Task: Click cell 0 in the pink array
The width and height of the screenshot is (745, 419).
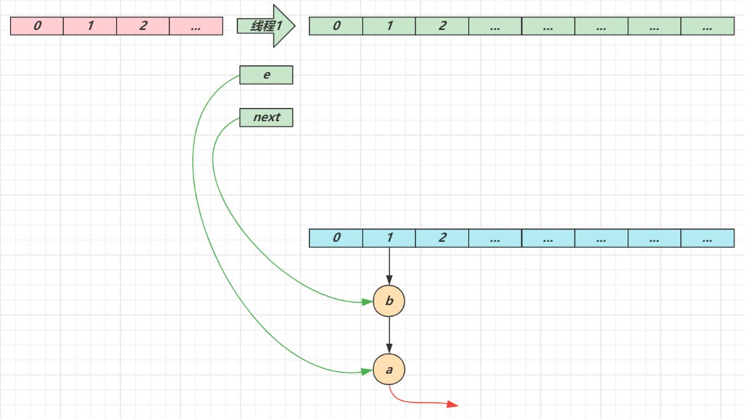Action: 37,26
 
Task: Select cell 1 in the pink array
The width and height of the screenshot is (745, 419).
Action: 90,26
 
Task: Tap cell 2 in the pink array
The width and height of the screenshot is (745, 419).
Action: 143,26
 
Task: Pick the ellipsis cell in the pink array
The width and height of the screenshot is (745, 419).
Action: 195,26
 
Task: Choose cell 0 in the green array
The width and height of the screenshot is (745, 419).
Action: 336,26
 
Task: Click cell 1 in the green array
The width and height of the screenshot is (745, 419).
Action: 390,26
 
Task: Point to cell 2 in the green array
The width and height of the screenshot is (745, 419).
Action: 442,26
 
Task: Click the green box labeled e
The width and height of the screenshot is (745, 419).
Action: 266,75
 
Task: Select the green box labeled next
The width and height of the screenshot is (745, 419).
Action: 266,117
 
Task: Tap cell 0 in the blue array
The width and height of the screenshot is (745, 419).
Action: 336,238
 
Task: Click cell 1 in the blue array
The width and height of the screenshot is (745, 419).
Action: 390,238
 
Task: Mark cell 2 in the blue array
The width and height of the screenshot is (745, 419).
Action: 442,238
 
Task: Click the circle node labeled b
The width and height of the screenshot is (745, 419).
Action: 390,302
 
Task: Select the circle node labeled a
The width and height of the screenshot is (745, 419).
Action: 390,369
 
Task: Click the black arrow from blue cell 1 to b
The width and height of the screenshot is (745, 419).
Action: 390,266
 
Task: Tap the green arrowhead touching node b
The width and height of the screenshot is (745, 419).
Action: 367,302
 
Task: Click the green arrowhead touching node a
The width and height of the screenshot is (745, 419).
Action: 367,371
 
